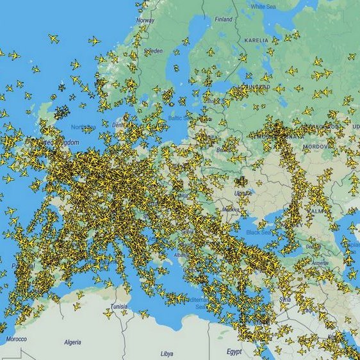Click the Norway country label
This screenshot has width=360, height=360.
[145, 20]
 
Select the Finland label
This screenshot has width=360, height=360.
[224, 19]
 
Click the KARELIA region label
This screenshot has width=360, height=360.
[256, 40]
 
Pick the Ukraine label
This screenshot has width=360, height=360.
[243, 192]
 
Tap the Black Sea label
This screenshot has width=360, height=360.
[262, 231]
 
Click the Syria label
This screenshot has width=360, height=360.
[285, 299]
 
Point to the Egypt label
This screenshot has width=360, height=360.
[234, 352]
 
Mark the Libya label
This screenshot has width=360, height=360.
[167, 353]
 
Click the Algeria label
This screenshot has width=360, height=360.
[72, 342]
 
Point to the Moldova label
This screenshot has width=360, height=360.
[230, 209]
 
